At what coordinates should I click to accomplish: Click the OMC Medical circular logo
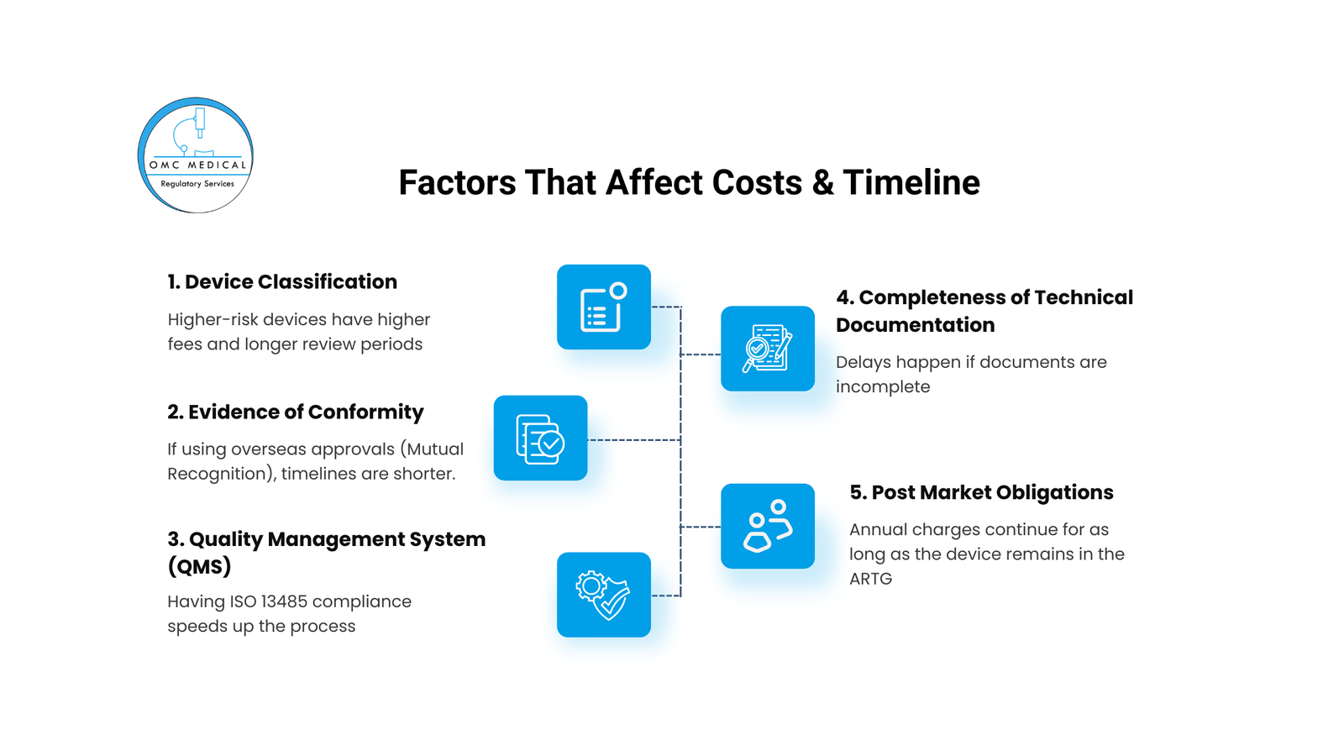pyautogui.click(x=196, y=155)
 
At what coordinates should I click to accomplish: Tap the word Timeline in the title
pyautogui.click(x=911, y=182)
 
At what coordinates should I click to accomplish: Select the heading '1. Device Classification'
pyautogui.click(x=282, y=281)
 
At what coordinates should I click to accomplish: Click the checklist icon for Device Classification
pyautogui.click(x=604, y=307)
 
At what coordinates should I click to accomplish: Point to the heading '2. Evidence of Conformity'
pyautogui.click(x=295, y=412)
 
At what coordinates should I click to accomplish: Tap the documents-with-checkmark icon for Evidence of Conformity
pyautogui.click(x=540, y=438)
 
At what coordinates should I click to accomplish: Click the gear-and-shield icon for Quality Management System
pyautogui.click(x=604, y=595)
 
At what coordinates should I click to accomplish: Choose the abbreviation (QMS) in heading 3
pyautogui.click(x=199, y=566)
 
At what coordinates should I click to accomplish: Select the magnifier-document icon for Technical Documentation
pyautogui.click(x=768, y=349)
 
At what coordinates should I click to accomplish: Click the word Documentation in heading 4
pyautogui.click(x=915, y=324)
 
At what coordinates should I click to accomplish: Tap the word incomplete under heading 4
pyautogui.click(x=883, y=387)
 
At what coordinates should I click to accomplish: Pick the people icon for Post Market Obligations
pyautogui.click(x=768, y=526)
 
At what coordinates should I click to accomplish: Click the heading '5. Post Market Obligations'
pyautogui.click(x=981, y=492)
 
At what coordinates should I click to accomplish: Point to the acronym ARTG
pyautogui.click(x=870, y=579)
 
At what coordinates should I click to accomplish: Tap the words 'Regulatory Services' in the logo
pyautogui.click(x=197, y=184)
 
